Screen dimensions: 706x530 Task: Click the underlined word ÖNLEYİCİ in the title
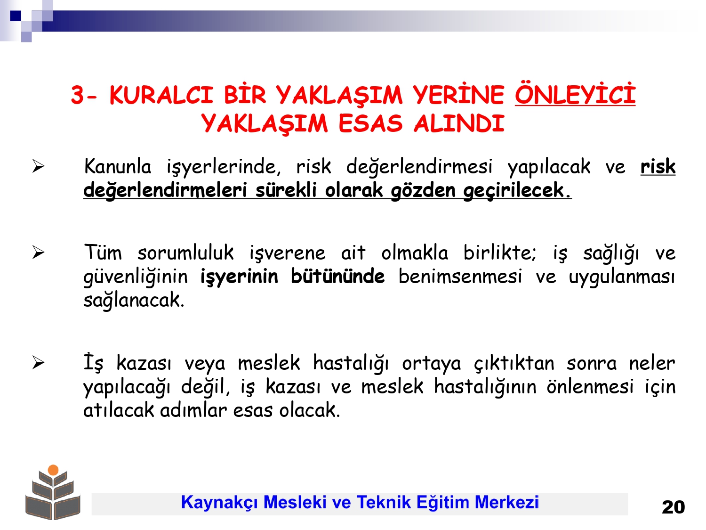[x=575, y=95]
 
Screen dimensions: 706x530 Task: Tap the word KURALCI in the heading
[x=161, y=95]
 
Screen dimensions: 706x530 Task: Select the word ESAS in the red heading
[x=370, y=123]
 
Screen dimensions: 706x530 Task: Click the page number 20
[x=673, y=507]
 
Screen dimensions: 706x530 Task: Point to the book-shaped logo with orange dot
[x=53, y=492]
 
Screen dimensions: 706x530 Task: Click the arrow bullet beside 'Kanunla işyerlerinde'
[x=38, y=166]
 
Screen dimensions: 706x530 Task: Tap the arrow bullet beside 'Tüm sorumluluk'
[x=38, y=253]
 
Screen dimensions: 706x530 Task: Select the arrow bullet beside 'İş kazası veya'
[x=38, y=363]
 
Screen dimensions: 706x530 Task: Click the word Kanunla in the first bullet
[x=117, y=166]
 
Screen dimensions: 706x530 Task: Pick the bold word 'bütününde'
[x=338, y=276]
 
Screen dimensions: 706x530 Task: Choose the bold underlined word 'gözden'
[x=423, y=190]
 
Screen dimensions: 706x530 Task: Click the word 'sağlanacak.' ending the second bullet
[x=134, y=301]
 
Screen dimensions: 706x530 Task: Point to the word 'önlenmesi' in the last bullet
[x=590, y=386]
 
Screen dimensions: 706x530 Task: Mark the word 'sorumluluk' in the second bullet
[x=185, y=253]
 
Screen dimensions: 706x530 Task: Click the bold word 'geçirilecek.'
[x=517, y=190]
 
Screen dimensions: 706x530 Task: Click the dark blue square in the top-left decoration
[x=16, y=16]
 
